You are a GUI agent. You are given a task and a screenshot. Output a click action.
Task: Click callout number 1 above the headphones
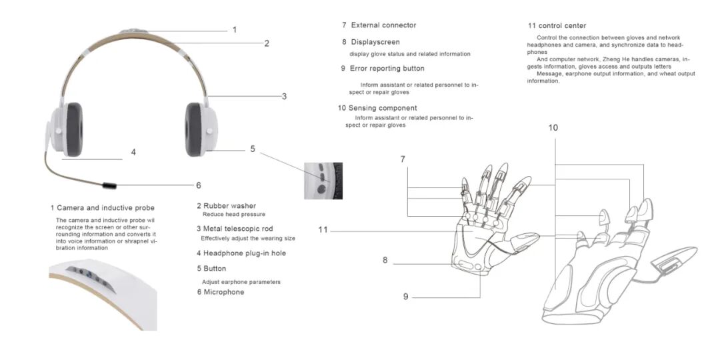click(x=234, y=30)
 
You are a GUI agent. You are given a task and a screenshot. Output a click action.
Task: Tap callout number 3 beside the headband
click(x=284, y=97)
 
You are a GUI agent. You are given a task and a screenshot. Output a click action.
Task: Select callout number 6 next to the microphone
click(x=199, y=185)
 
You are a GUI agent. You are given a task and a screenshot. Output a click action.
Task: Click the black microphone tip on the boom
click(x=110, y=186)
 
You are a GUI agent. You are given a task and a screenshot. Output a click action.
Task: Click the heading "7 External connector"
click(x=379, y=25)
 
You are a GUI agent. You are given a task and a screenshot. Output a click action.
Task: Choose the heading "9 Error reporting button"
click(x=383, y=69)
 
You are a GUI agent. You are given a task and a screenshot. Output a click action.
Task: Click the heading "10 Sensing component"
click(x=377, y=109)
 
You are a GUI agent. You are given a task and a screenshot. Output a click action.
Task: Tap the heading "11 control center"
click(x=557, y=26)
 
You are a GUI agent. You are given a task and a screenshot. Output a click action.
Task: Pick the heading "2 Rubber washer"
click(x=227, y=206)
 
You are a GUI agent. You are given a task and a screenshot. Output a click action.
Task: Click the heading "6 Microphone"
click(x=221, y=292)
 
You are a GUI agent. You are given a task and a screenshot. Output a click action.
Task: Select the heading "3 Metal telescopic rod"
click(x=235, y=229)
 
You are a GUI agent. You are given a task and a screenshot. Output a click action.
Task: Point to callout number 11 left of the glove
click(x=323, y=229)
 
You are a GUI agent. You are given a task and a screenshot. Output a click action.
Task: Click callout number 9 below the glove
click(x=405, y=297)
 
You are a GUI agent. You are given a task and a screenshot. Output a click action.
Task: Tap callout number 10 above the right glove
click(x=553, y=127)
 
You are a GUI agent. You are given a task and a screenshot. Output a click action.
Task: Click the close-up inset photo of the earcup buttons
click(x=323, y=181)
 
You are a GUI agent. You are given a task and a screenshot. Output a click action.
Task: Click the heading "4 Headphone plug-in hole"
click(x=241, y=253)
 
